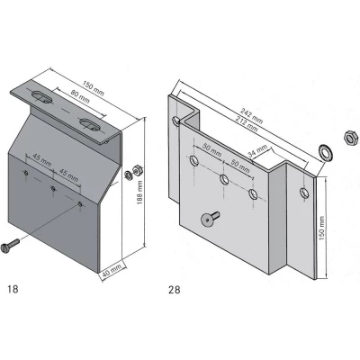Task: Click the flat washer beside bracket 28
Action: click(323, 148)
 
